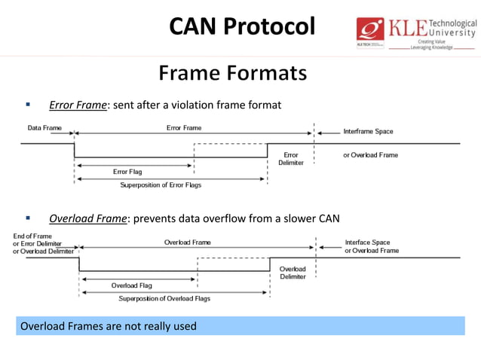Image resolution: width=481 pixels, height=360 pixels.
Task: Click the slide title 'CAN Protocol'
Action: tap(241, 27)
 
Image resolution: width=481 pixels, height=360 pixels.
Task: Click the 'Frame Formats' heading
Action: tap(233, 74)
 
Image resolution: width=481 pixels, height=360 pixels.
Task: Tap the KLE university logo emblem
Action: tap(371, 31)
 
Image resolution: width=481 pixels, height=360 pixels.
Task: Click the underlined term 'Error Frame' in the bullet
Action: tap(78, 105)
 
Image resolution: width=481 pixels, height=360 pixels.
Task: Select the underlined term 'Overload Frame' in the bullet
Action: tap(87, 219)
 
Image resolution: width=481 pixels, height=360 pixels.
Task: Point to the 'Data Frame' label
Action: tap(44, 128)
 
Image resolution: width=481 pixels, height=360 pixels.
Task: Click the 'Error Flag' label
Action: tap(127, 172)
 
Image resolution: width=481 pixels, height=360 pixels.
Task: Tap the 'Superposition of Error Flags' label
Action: tap(161, 185)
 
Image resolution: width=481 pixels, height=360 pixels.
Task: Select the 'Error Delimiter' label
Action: tap(290, 158)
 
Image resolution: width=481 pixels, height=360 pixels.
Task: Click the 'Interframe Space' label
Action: tap(368, 131)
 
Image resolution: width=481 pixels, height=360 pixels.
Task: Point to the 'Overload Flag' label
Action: tap(133, 285)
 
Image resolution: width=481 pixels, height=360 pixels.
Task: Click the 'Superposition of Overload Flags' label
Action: tap(164, 298)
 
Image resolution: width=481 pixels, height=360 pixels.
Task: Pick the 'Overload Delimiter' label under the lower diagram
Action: tap(293, 273)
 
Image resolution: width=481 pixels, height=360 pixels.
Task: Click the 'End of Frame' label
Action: tap(32, 236)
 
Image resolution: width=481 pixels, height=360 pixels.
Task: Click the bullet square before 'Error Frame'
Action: tap(28, 104)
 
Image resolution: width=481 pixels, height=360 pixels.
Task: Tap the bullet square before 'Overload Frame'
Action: tap(28, 218)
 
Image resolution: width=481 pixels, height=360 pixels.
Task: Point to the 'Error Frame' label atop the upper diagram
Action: tap(184, 128)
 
